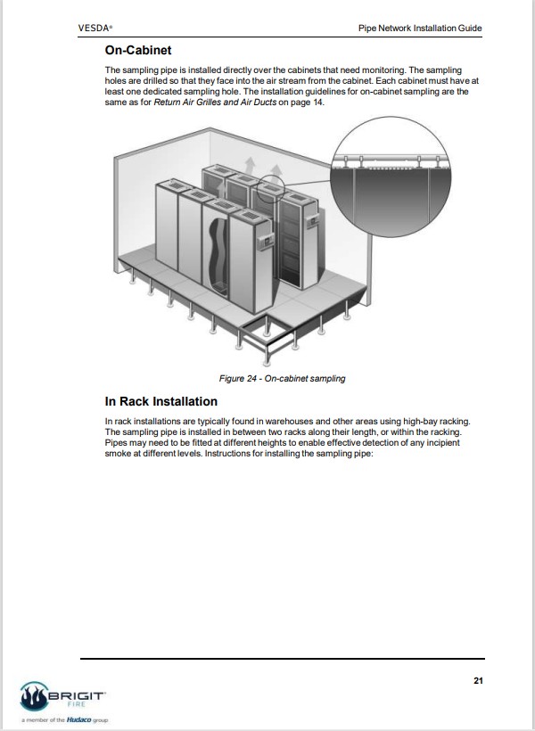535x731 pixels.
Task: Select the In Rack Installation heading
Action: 160,402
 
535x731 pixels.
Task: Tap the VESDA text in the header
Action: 95,29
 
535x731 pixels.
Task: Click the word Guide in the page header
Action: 470,29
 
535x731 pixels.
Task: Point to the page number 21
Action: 477,681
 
